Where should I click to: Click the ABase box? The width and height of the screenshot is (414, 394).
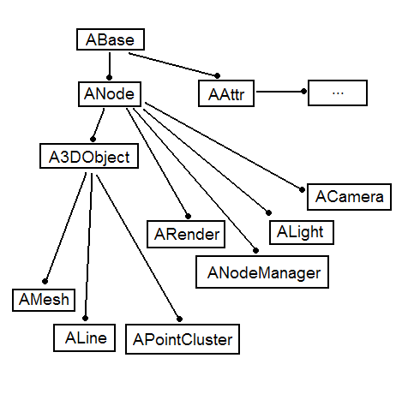tap(111, 39)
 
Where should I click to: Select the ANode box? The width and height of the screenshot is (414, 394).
tap(110, 94)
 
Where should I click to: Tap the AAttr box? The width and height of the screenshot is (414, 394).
tap(226, 93)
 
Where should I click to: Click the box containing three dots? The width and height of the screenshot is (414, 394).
tap(338, 93)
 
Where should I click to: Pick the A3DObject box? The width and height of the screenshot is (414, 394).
tap(89, 156)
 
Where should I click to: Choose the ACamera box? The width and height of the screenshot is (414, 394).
tap(349, 197)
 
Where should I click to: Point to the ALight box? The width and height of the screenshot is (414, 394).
tap(302, 232)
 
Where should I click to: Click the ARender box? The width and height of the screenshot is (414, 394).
tap(186, 234)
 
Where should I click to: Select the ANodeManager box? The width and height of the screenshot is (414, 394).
tap(262, 272)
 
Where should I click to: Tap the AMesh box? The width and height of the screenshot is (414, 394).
tap(44, 300)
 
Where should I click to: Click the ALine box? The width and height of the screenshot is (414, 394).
tap(84, 337)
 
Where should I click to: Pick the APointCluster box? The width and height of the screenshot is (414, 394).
tap(183, 339)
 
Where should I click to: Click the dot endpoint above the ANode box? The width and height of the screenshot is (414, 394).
tap(109, 77)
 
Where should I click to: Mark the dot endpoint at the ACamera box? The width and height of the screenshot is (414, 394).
tap(302, 189)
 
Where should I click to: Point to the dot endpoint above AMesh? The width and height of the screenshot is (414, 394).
tap(45, 282)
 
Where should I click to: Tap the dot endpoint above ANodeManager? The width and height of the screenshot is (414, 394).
tap(256, 251)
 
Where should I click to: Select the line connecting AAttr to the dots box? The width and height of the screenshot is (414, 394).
tap(280, 92)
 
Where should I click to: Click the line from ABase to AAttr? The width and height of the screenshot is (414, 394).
tap(173, 64)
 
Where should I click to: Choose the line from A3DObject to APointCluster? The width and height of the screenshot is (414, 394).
tap(138, 248)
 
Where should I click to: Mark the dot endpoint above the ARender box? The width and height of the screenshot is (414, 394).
tap(188, 217)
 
